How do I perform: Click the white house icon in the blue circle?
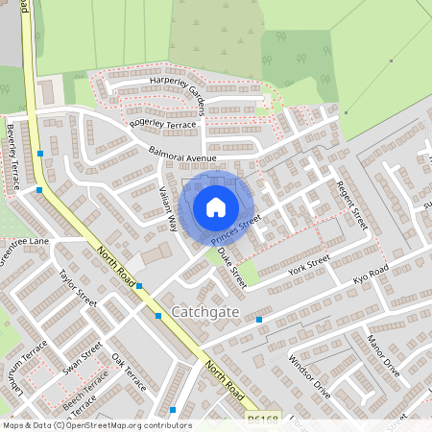pos(216,206)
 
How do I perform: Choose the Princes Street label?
pos(235,228)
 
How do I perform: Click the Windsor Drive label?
pos(310,377)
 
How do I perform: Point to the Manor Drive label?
pos(382,355)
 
